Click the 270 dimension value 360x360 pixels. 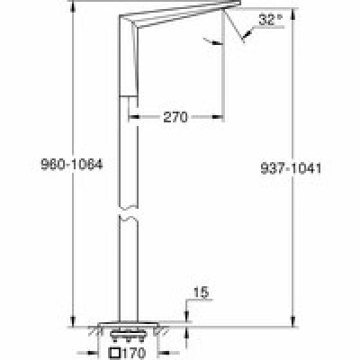tap(175, 117)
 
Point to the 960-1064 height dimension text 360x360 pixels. tap(72, 165)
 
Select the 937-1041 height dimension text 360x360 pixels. tap(291, 168)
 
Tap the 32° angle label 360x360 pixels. tap(270, 20)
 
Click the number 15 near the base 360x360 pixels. tap(201, 292)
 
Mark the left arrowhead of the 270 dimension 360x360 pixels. tap(133, 117)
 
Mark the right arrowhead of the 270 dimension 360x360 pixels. tap(219, 117)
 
